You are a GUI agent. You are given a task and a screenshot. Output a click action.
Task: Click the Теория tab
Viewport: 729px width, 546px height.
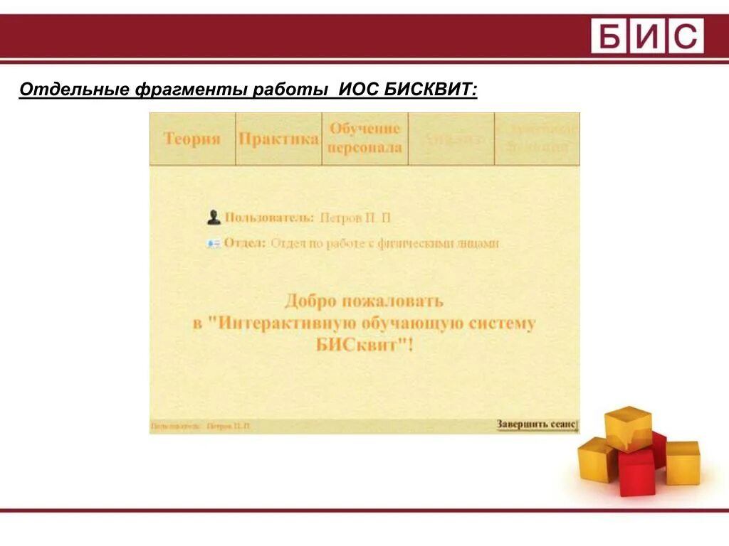[192, 139]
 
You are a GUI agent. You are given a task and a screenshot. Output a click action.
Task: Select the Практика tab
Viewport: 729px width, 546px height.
[278, 139]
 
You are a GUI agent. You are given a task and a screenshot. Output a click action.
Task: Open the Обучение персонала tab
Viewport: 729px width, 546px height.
[364, 139]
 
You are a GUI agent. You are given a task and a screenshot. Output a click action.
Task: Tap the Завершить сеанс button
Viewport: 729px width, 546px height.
[537, 424]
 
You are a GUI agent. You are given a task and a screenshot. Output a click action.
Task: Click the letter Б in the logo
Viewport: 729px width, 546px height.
[609, 36]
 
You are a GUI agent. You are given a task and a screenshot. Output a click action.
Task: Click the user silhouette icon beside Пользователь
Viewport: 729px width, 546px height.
[214, 217]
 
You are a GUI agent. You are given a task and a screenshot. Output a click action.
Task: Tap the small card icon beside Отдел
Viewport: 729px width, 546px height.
[214, 243]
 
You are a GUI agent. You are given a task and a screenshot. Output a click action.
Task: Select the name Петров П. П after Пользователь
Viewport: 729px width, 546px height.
[355, 218]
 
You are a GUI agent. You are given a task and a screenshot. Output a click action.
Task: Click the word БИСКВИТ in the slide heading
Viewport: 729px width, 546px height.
[431, 91]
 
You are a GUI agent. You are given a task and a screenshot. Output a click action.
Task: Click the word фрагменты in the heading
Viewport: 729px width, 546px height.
[189, 91]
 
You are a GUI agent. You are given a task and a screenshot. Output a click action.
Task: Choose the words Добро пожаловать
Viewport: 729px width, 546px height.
[364, 301]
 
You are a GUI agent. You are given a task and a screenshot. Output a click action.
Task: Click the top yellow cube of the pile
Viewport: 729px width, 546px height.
[628, 427]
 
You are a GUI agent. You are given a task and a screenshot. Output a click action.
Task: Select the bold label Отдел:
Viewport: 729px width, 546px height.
[245, 243]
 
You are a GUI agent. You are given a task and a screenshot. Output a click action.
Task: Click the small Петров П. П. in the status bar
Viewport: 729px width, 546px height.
[228, 426]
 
